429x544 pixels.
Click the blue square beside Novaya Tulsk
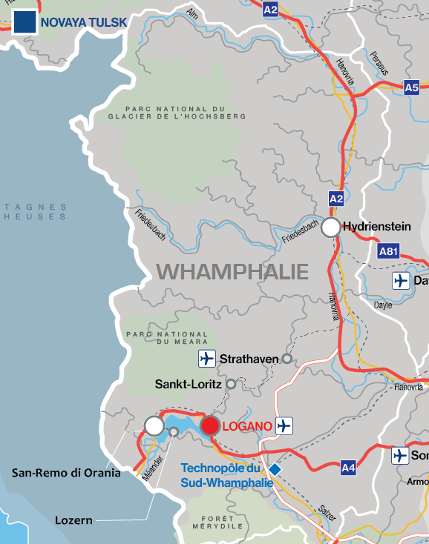tap(24, 21)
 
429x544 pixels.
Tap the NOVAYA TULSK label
tap(84, 22)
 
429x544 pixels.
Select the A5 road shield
tap(412, 87)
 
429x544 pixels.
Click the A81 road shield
tap(388, 252)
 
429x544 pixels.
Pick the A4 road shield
tap(349, 468)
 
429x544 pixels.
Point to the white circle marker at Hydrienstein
tap(331, 228)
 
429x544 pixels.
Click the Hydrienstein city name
tap(377, 228)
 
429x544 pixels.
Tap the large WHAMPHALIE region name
tap(232, 271)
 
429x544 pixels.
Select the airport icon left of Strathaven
tap(207, 359)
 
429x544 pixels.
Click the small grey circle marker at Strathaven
tap(286, 359)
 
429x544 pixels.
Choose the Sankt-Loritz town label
tap(188, 384)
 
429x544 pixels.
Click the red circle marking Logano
tap(210, 425)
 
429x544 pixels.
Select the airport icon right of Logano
tap(284, 425)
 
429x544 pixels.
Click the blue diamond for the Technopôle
tap(275, 469)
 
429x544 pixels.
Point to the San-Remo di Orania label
tap(66, 472)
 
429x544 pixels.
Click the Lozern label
tap(73, 520)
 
